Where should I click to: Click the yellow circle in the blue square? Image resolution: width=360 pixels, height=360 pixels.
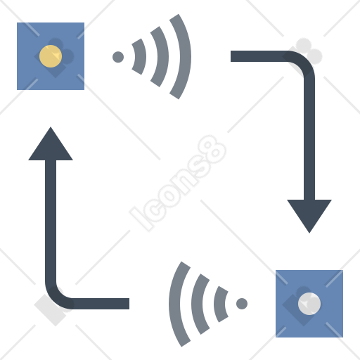[51, 56]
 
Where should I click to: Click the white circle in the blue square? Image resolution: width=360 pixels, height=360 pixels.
[309, 304]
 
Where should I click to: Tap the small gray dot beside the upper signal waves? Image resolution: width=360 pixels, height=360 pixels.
[118, 57]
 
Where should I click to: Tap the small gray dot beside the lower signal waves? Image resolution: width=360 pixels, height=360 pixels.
[242, 304]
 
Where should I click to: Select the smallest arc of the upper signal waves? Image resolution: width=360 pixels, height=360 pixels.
[141, 57]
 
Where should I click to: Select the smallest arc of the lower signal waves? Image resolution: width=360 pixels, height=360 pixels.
[219, 304]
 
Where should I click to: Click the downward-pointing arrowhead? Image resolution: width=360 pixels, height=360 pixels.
[309, 213]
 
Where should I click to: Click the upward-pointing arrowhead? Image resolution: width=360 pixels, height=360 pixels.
[51, 146]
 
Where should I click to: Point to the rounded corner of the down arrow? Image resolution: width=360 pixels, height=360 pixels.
[304, 62]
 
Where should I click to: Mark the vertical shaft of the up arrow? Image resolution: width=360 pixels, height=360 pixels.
[51, 221]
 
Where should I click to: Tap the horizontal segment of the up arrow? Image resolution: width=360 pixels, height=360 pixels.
[101, 304]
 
